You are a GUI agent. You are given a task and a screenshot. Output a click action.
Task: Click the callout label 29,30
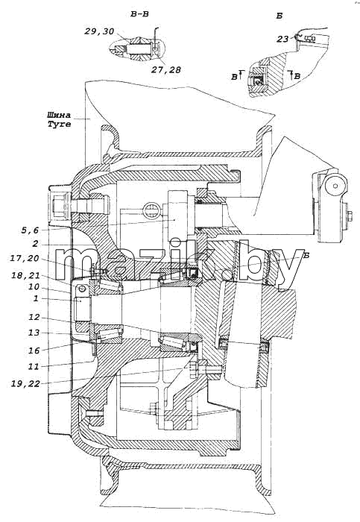99,31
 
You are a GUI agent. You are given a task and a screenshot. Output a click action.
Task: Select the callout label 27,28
166,69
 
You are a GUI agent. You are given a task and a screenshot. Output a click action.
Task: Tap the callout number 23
282,40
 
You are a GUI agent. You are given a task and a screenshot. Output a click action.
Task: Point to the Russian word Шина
59,115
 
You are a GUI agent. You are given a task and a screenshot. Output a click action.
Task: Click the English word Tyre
59,125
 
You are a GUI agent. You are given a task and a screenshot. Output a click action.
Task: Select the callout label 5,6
30,230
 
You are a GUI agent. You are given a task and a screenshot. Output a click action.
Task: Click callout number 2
35,244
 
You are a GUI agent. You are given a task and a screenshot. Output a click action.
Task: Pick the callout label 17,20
25,258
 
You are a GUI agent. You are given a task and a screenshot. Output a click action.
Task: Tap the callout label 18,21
25,276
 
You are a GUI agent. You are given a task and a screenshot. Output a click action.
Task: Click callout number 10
34,286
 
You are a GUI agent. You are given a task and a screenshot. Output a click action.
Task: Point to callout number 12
34,317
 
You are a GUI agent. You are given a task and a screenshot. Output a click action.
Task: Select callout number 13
34,333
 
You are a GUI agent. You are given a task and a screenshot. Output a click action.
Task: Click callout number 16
34,350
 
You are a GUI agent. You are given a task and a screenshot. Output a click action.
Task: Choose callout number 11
34,367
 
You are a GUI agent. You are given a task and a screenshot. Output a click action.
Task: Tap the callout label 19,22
25,384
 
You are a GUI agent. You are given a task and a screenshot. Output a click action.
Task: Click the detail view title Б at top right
280,16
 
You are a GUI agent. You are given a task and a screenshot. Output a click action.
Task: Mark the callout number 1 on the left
36,298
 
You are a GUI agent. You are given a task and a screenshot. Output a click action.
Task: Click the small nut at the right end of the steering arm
350,216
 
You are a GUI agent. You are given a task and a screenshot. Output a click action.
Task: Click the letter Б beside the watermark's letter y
307,255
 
